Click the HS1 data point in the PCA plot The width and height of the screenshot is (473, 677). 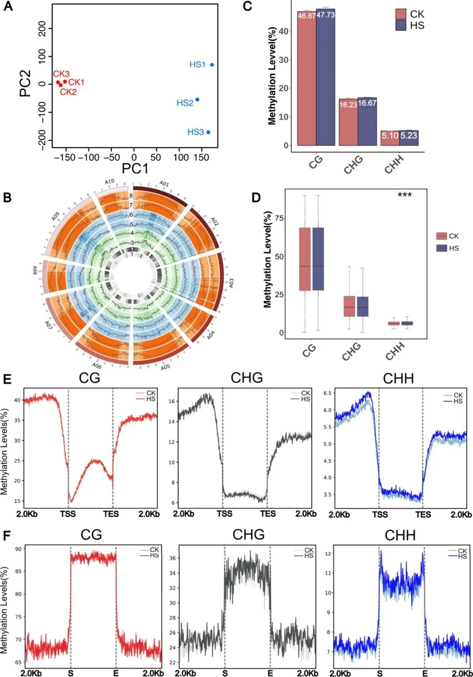tap(212, 65)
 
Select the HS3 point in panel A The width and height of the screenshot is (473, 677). tap(208, 132)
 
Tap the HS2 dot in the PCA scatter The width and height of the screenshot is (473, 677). tap(198, 100)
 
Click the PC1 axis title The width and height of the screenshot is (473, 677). tap(135, 169)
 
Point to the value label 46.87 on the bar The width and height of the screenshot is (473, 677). tap(307, 16)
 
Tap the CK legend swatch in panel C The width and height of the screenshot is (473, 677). tap(401, 14)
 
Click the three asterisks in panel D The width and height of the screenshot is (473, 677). tap(405, 195)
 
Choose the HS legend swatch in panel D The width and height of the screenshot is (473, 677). tap(441, 248)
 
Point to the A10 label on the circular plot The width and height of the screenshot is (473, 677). tap(109, 182)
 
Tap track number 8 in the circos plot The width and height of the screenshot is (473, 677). tap(131, 196)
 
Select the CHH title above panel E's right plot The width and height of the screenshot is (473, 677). tap(398, 379)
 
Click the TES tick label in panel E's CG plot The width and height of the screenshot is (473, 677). tap(111, 514)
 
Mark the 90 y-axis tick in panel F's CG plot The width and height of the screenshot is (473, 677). tap(18, 549)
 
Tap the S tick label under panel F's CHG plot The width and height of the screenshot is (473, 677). tap(225, 673)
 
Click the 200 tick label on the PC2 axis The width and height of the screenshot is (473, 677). tap(42, 29)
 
